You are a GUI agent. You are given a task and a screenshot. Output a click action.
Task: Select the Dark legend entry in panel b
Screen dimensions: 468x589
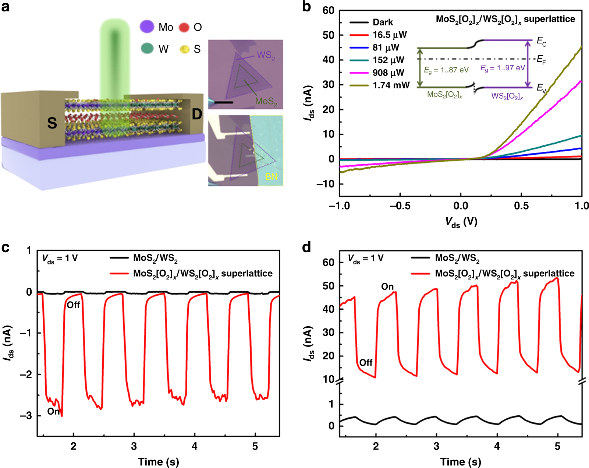(383, 22)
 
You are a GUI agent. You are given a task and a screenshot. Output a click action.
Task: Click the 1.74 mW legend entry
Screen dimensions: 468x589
(391, 85)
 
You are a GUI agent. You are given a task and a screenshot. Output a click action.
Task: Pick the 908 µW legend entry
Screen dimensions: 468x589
(388, 73)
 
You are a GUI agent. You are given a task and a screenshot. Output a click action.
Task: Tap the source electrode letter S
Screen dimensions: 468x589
(52, 123)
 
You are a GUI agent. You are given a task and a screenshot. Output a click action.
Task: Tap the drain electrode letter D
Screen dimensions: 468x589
(197, 114)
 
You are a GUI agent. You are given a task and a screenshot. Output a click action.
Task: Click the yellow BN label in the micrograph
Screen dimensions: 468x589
(271, 177)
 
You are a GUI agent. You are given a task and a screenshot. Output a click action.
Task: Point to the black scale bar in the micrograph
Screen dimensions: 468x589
(224, 102)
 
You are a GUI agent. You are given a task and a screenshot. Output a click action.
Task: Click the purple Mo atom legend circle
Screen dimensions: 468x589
(147, 27)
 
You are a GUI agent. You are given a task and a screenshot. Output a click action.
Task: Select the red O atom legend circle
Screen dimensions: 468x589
(184, 27)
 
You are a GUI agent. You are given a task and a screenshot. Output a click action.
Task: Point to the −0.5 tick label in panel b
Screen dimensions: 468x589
(400, 205)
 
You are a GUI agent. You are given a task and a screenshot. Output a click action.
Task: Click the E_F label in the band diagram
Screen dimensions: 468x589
(541, 60)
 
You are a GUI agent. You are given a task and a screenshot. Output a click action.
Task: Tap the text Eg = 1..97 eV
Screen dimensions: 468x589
(503, 68)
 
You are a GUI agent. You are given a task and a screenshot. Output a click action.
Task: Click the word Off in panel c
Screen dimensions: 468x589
(73, 305)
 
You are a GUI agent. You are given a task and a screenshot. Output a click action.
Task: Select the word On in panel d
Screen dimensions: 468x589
(387, 286)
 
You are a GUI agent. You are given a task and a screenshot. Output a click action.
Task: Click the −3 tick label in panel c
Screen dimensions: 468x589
(26, 416)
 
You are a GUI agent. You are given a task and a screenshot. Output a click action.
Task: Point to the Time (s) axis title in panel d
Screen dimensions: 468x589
(461, 462)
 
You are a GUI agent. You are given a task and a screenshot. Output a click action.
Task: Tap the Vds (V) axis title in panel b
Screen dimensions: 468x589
(461, 222)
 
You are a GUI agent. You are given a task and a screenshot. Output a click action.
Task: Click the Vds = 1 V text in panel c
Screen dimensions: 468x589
(60, 258)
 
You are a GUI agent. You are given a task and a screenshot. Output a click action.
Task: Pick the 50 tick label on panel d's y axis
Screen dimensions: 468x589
(328, 286)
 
